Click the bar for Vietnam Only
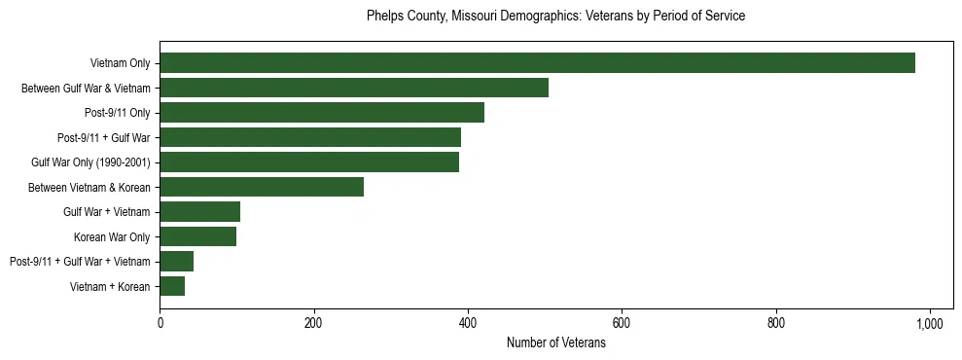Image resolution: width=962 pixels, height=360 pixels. [x=537, y=63]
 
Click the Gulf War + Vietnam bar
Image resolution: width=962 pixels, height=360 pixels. [x=199, y=212]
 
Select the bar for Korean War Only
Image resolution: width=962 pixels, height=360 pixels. [x=197, y=236]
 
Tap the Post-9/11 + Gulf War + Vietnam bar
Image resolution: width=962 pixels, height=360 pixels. [x=176, y=262]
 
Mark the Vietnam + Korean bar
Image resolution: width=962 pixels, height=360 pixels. [x=172, y=286]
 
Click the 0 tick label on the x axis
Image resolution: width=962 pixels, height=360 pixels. [x=160, y=324]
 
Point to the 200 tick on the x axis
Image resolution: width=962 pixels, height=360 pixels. [x=313, y=324]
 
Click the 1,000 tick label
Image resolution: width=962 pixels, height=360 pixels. [x=930, y=324]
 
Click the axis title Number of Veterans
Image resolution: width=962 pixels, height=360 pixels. [x=556, y=343]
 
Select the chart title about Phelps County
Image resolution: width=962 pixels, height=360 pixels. [x=555, y=17]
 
